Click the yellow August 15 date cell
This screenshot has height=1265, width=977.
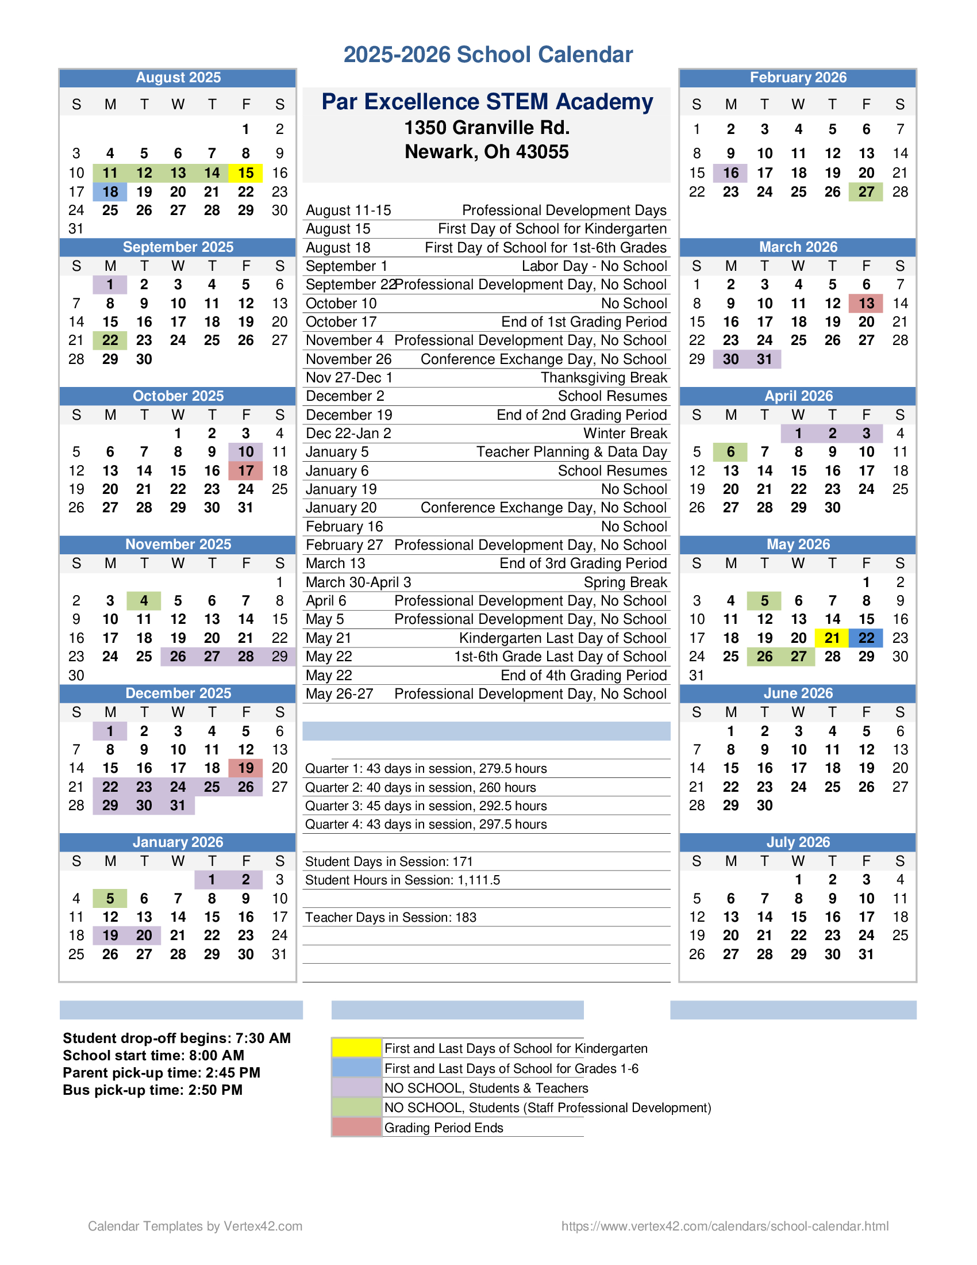[245, 172]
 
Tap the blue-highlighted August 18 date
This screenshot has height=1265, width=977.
[110, 191]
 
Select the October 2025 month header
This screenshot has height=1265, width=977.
[178, 396]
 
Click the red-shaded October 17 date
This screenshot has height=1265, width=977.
[245, 470]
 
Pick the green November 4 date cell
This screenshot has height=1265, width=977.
[144, 601]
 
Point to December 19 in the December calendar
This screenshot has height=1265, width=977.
[245, 768]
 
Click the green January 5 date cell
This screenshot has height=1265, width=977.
[110, 898]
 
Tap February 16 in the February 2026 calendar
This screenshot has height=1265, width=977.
[730, 172]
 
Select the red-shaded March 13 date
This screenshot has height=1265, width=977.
[866, 303]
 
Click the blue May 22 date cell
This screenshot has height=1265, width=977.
[866, 638]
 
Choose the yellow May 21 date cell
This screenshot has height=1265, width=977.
[832, 638]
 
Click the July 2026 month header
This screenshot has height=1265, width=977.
[798, 842]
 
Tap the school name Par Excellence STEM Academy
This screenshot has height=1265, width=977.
[487, 102]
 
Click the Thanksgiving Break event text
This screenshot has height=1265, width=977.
[603, 378]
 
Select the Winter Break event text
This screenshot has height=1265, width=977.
[625, 433]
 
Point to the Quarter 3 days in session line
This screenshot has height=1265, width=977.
[425, 806]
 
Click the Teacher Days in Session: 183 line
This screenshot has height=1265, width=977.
[391, 918]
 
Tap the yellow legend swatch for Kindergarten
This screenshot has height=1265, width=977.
[356, 1048]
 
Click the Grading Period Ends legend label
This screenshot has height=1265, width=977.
[443, 1128]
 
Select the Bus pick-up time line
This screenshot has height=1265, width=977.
[152, 1090]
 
